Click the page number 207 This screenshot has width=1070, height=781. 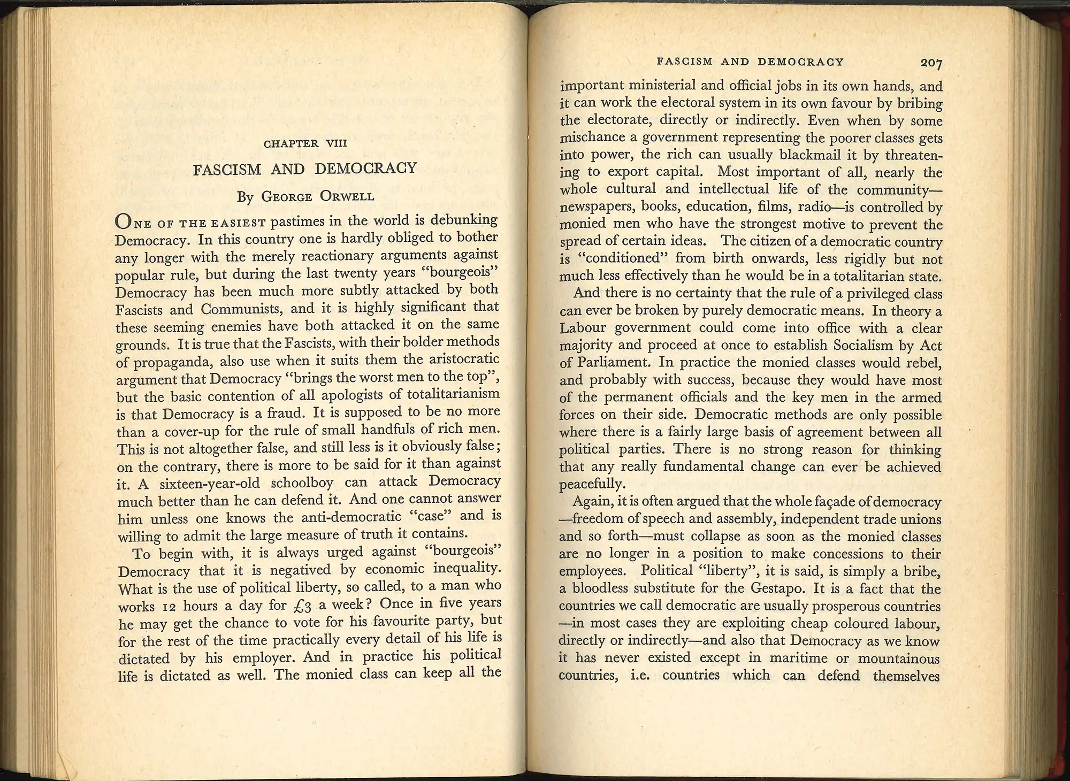pos(931,63)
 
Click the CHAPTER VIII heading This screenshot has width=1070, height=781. pos(305,144)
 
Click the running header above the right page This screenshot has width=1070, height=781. pos(750,62)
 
